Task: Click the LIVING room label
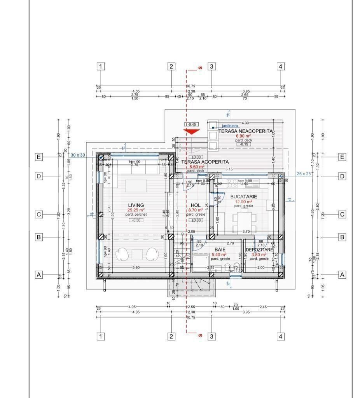136,205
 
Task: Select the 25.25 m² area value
136,210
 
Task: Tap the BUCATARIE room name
244,197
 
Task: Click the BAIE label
220,250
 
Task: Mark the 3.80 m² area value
258,255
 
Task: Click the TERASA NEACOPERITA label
245,131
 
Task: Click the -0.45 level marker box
192,125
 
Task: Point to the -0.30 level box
136,220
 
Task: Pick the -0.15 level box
244,144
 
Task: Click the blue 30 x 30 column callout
78,155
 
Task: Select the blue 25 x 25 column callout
304,174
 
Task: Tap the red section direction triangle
192,132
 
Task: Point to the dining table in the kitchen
243,222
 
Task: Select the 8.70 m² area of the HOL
196,210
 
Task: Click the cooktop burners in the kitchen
232,182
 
